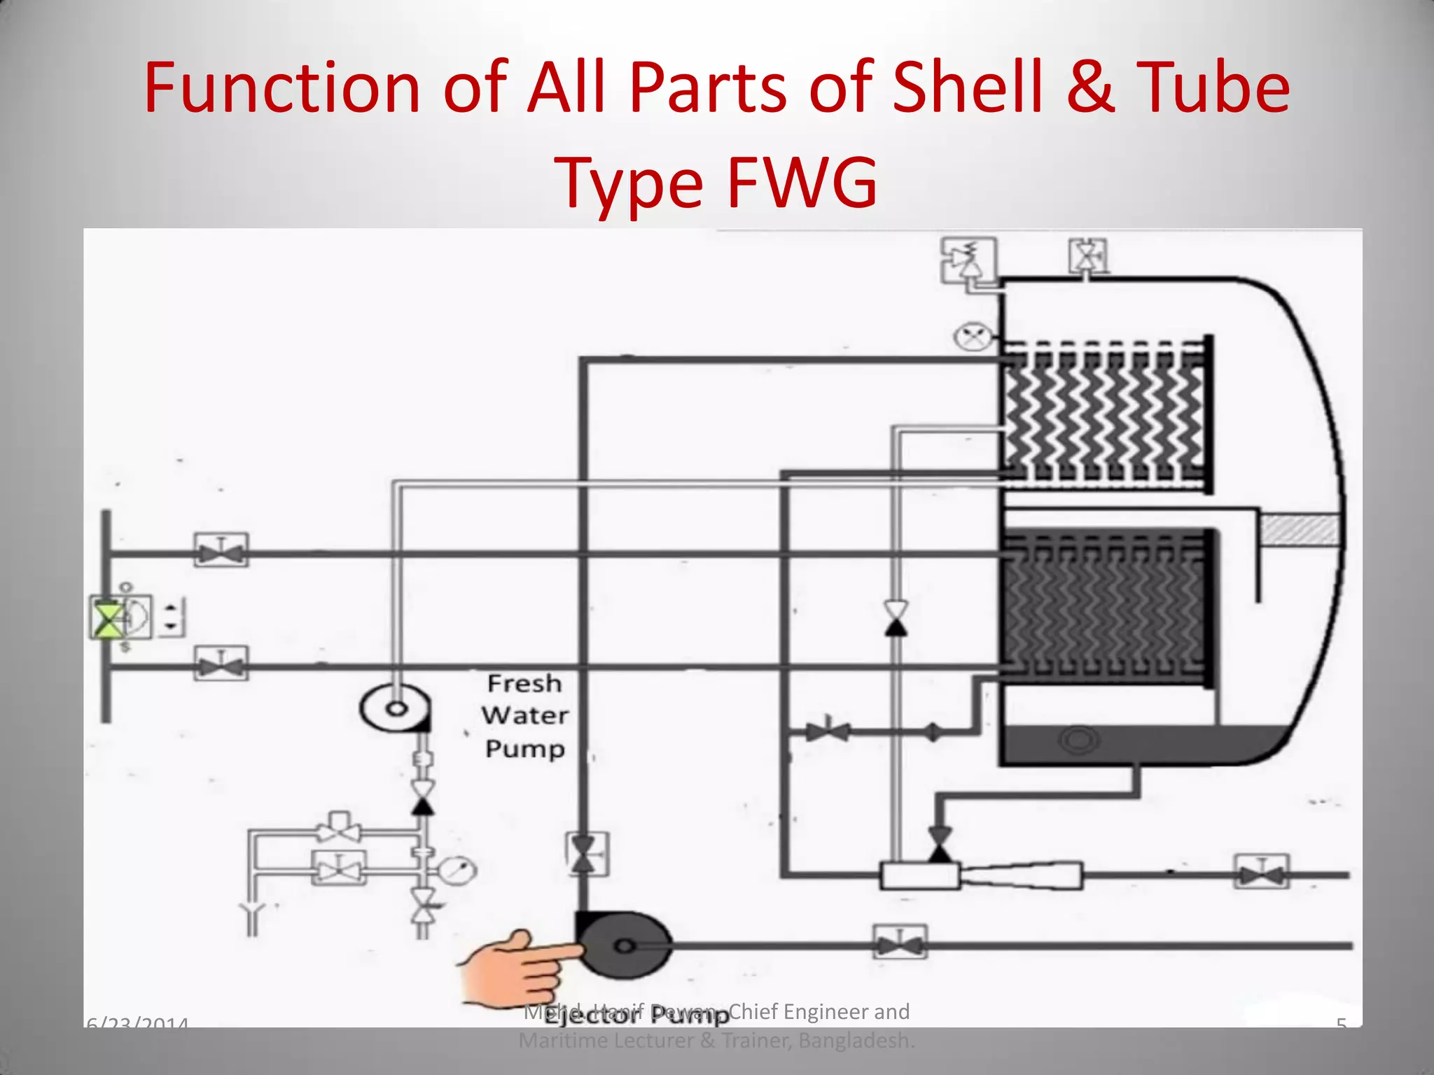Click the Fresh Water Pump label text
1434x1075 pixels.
524,715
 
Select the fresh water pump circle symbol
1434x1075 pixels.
395,708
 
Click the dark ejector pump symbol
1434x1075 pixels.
624,946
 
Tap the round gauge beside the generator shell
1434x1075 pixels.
973,337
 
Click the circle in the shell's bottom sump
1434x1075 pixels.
1079,739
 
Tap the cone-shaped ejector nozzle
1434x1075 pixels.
1021,875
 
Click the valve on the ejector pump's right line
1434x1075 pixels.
900,943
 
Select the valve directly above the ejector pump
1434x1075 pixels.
585,855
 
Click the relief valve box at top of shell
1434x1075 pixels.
968,260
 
